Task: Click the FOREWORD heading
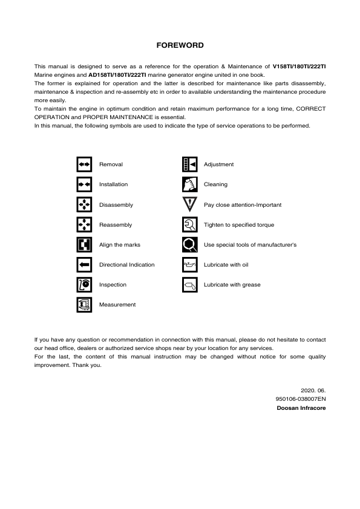tap(180, 45)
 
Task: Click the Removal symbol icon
tap(84, 164)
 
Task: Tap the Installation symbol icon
tap(84, 184)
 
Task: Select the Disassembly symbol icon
tap(84, 205)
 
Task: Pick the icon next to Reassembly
tap(84, 225)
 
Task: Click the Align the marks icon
tap(84, 245)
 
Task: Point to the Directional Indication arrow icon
tap(84, 265)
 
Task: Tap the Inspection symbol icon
tap(84, 285)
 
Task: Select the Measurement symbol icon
tap(84, 305)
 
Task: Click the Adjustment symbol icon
tap(189, 164)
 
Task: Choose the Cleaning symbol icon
tap(189, 184)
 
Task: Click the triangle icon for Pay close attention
tap(189, 205)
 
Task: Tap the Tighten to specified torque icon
tap(189, 225)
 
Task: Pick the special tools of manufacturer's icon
tap(189, 245)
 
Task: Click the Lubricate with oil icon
tap(189, 265)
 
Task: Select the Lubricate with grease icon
tap(189, 285)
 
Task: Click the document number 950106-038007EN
tap(300, 400)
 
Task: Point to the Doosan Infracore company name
tap(301, 409)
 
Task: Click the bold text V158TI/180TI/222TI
tap(299, 65)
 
